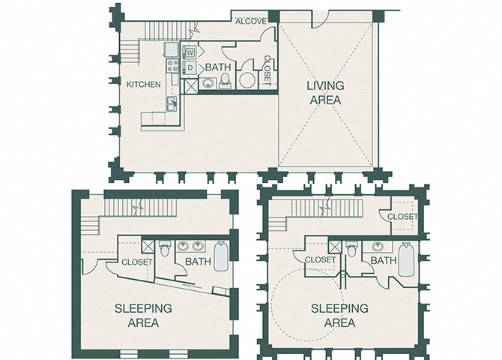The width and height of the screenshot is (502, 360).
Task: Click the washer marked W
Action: pyautogui.click(x=190, y=52)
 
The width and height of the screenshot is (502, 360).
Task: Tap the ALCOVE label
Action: pyautogui.click(x=250, y=21)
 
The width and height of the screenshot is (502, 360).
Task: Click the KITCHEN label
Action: pyautogui.click(x=144, y=85)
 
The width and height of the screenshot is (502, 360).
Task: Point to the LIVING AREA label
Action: pyautogui.click(x=324, y=93)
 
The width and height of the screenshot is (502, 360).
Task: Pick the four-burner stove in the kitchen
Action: pyautogui.click(x=171, y=66)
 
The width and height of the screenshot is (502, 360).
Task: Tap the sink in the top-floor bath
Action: pyautogui.click(x=208, y=82)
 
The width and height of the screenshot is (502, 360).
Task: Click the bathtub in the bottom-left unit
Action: pyautogui.click(x=222, y=256)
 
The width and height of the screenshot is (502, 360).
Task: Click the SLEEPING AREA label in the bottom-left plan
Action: pyautogui.click(x=142, y=316)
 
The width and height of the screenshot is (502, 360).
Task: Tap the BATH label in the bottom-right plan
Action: pyautogui.click(x=383, y=261)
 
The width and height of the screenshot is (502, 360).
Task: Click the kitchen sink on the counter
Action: pyautogui.click(x=172, y=103)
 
